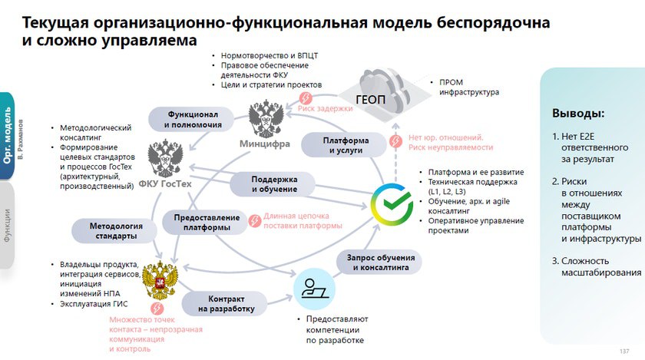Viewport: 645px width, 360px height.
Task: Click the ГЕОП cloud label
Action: tap(370, 99)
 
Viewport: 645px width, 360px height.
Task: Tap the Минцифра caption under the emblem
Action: tap(264, 144)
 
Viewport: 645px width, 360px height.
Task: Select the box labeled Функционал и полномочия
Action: tap(193, 119)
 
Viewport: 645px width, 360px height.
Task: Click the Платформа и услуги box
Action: tap(346, 145)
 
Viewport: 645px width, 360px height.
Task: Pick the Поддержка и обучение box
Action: tap(274, 184)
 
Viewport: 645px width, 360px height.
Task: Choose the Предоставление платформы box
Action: tap(207, 222)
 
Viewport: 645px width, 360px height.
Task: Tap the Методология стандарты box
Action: tap(116, 231)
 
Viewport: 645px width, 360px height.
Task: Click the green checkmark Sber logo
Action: tap(392, 204)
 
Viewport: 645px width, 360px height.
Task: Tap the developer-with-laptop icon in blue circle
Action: tap(314, 289)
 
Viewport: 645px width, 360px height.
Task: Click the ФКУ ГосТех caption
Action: tap(165, 184)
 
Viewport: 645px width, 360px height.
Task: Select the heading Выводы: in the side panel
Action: tap(578, 113)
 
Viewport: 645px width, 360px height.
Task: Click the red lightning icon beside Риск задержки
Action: tap(306, 98)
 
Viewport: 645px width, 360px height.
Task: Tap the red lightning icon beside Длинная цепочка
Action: tap(255, 220)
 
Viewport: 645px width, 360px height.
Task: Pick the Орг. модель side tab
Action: tap(7, 136)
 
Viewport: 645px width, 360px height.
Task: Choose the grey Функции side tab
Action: tap(7, 226)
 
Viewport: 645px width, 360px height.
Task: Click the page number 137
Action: tap(624, 351)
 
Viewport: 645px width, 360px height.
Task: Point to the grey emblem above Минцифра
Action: tap(266, 118)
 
